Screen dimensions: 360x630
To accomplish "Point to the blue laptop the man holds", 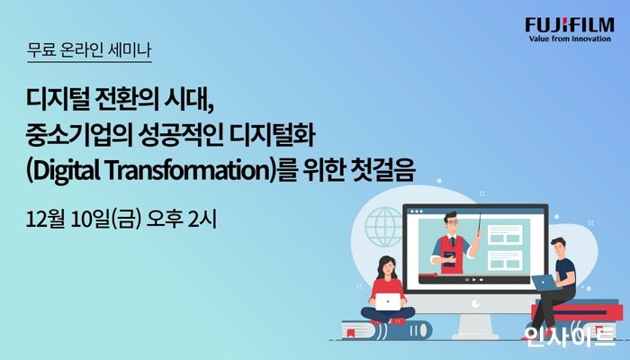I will pos(544,283).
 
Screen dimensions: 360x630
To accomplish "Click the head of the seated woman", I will pos(383,264).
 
